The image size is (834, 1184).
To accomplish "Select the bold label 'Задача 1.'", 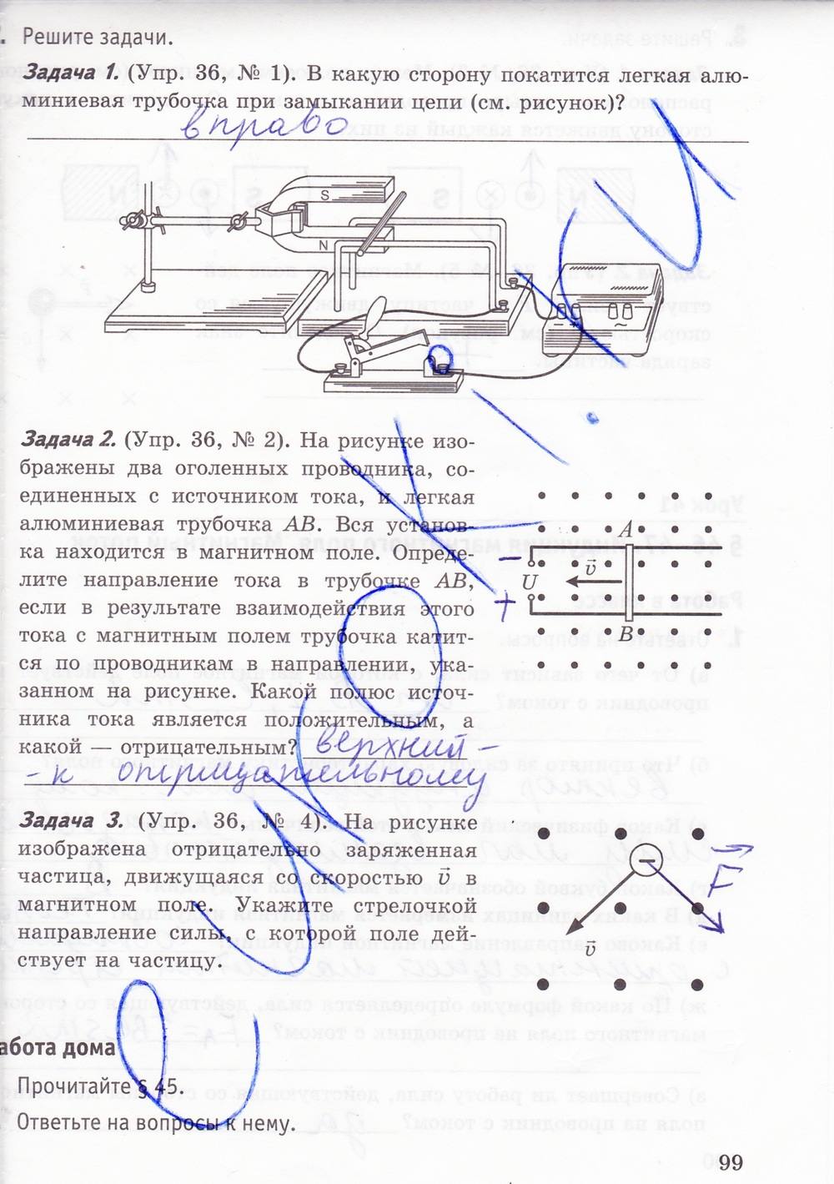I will point(71,73).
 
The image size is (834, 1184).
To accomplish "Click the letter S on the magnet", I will point(326,195).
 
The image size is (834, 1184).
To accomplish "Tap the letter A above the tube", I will point(625,530).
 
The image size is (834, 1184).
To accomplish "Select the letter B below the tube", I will point(626,633).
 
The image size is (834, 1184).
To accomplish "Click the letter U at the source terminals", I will point(529,582).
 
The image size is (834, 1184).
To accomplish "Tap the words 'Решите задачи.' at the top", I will point(98,37).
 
